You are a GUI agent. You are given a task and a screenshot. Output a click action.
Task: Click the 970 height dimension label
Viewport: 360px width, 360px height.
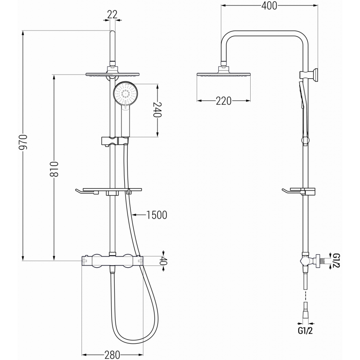(x=25, y=143)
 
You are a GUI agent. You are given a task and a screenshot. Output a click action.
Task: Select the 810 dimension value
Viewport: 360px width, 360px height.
(x=54, y=169)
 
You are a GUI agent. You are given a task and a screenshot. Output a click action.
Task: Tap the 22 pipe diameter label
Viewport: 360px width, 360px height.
(x=112, y=14)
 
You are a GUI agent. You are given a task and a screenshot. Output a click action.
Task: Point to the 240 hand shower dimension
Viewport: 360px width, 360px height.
(x=157, y=109)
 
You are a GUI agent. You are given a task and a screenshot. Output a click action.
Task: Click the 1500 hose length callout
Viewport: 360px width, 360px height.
(x=157, y=215)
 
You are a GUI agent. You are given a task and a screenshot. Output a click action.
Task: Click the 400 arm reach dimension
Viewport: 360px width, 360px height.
(x=269, y=5)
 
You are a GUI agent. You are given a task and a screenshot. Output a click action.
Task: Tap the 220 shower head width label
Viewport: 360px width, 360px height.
(x=223, y=101)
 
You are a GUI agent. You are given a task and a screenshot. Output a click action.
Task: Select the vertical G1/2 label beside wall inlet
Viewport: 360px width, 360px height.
(x=335, y=260)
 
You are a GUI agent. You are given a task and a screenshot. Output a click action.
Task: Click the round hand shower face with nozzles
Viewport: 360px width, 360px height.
(x=124, y=94)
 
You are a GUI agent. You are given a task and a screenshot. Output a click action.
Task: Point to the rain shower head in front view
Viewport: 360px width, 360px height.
(x=111, y=73)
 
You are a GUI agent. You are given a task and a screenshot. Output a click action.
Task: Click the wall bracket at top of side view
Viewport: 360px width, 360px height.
(x=315, y=75)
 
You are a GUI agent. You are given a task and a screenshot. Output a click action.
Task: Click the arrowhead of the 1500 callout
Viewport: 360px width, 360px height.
(x=136, y=215)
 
